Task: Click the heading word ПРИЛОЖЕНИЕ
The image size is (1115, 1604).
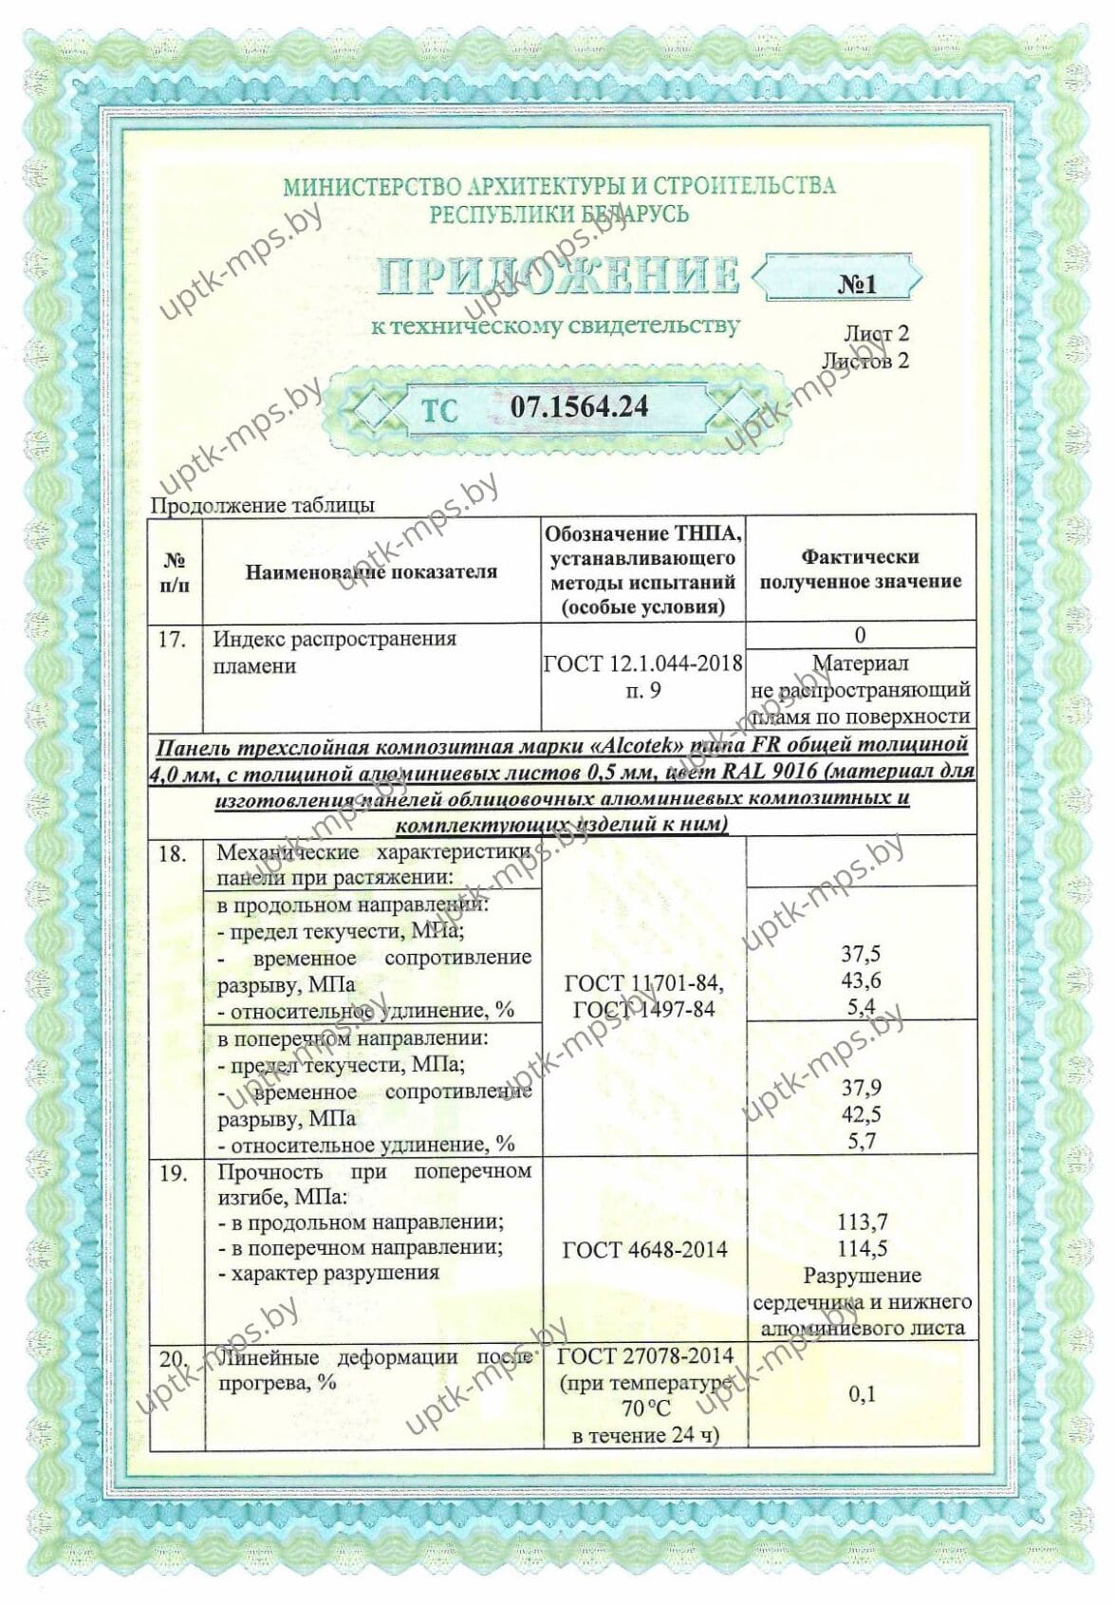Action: [x=558, y=276]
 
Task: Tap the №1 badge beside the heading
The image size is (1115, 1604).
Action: [x=857, y=283]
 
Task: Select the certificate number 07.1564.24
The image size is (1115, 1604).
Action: [x=580, y=407]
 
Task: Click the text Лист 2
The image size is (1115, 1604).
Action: [x=875, y=334]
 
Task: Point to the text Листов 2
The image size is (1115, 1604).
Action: [x=864, y=361]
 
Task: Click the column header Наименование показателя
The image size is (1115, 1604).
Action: [x=371, y=571]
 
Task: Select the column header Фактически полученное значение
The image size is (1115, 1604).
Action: [x=860, y=569]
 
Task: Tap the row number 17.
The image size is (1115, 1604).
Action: [x=171, y=640]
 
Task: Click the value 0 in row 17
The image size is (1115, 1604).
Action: [x=860, y=635]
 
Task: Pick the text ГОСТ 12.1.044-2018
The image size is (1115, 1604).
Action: [x=642, y=663]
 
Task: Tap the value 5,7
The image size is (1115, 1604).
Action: [x=861, y=1141]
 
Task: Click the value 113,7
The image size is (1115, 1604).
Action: [x=862, y=1222]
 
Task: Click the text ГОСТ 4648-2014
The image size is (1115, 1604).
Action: [x=644, y=1250]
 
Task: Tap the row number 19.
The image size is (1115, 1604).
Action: [x=173, y=1173]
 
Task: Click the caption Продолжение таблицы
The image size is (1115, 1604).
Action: [x=263, y=505]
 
